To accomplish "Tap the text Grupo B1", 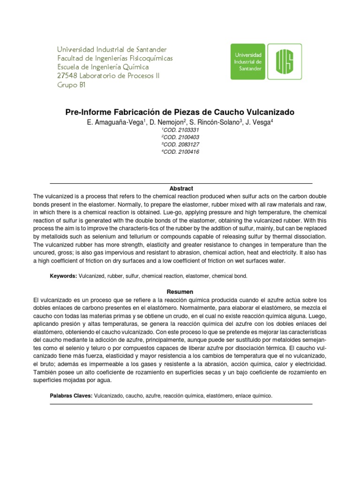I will tap(71, 85).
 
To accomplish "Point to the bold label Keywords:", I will tap(63, 277).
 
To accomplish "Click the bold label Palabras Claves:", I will tap(71, 396).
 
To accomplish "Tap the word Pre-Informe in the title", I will tap(84, 112).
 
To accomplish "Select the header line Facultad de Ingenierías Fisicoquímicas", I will tap(115, 58).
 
